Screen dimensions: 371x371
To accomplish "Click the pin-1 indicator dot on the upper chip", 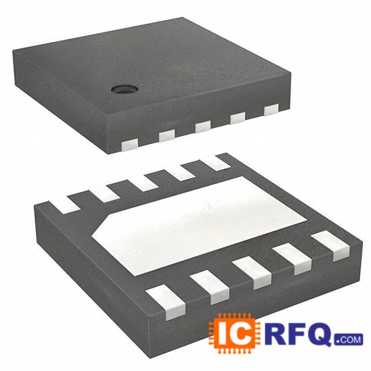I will tap(123, 89).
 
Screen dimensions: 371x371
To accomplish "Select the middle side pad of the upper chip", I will tap(202, 126).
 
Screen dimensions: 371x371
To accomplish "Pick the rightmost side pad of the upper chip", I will tap(271, 110).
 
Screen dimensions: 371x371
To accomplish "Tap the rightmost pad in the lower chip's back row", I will tap(217, 162).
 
